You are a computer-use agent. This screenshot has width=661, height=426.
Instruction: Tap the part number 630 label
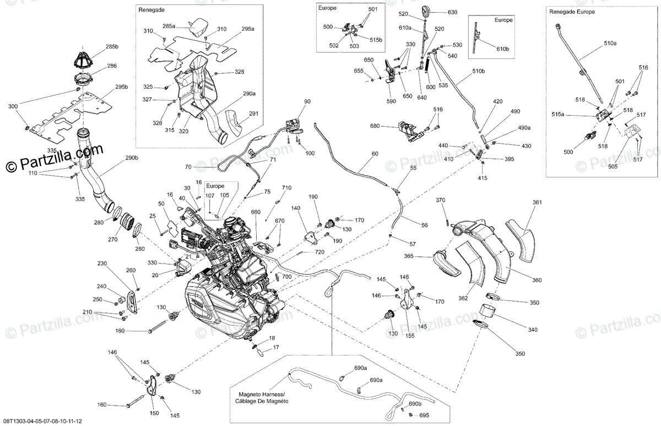click(452, 12)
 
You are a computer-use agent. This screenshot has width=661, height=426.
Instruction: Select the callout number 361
click(537, 202)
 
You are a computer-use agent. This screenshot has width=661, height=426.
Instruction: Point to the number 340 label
click(532, 330)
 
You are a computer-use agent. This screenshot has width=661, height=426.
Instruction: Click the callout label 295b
click(121, 87)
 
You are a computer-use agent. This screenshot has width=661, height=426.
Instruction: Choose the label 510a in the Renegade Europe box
click(610, 42)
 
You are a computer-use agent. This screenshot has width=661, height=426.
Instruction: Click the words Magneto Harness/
click(261, 395)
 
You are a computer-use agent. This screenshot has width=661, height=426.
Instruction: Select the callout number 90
click(307, 101)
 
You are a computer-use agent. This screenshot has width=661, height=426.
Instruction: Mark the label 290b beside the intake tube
click(131, 158)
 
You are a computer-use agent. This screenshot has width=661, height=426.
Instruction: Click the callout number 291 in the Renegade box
click(253, 114)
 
